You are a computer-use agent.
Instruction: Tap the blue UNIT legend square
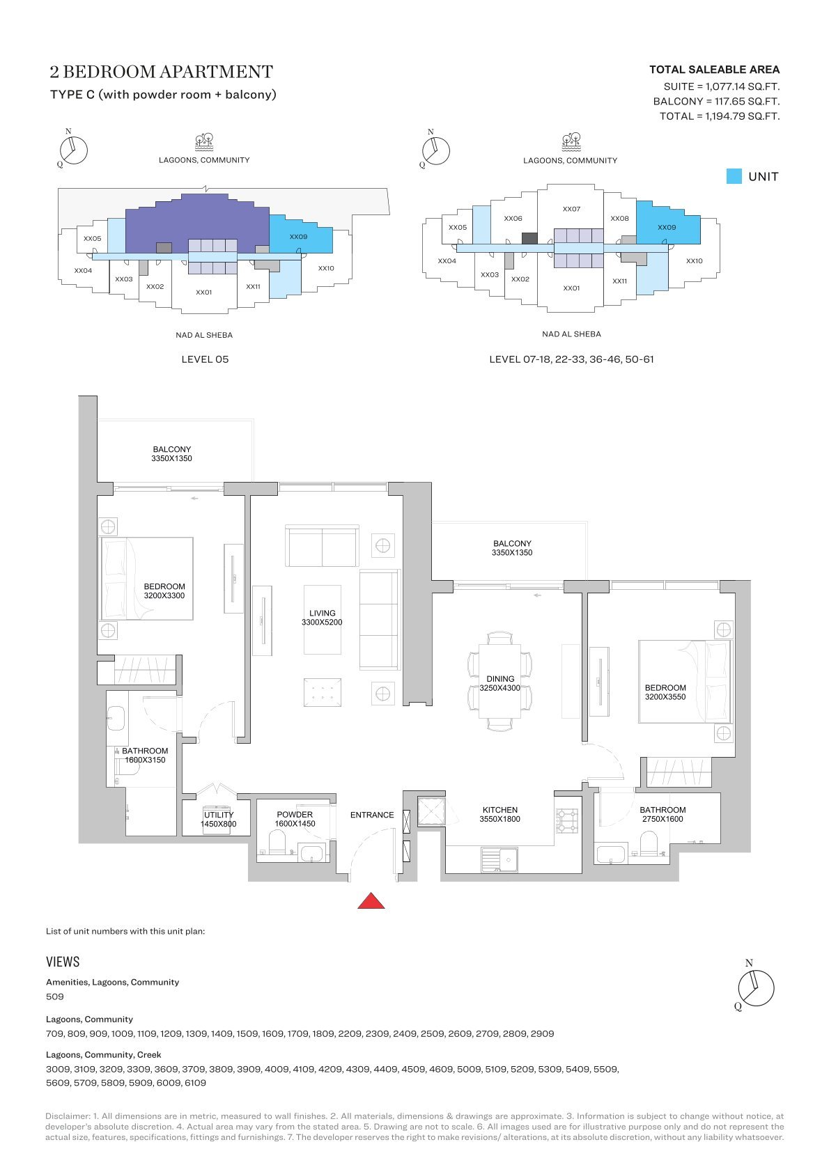point(734,176)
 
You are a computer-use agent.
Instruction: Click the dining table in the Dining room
point(499,681)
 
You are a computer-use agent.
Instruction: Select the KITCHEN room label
point(499,810)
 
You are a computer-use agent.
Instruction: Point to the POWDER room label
point(295,815)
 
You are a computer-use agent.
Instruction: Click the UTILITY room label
point(219,815)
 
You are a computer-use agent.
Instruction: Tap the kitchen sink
point(499,859)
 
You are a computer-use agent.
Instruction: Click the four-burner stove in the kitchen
point(567,820)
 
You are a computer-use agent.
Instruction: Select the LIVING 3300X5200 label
point(322,618)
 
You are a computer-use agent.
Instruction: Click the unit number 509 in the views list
point(55,997)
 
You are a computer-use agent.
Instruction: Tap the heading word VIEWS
point(63,962)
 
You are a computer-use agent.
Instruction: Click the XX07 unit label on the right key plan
point(571,209)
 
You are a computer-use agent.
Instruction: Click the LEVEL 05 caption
point(205,359)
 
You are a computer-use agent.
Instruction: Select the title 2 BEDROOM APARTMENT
point(161,71)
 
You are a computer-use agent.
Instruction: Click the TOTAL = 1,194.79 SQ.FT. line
point(720,116)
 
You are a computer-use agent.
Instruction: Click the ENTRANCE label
point(372,815)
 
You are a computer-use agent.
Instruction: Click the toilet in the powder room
point(277,843)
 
